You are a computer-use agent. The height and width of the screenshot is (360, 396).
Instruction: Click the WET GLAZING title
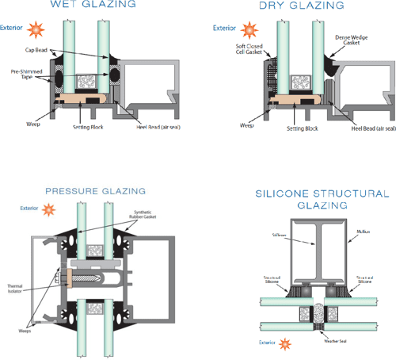[x=87, y=6]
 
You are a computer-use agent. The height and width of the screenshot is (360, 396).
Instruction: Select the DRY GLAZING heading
[x=291, y=6]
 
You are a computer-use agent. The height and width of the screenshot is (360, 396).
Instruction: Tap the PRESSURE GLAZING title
[x=95, y=192]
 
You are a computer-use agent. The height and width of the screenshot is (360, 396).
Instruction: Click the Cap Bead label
[x=35, y=50]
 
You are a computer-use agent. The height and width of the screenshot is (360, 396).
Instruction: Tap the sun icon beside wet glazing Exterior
[x=35, y=29]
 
